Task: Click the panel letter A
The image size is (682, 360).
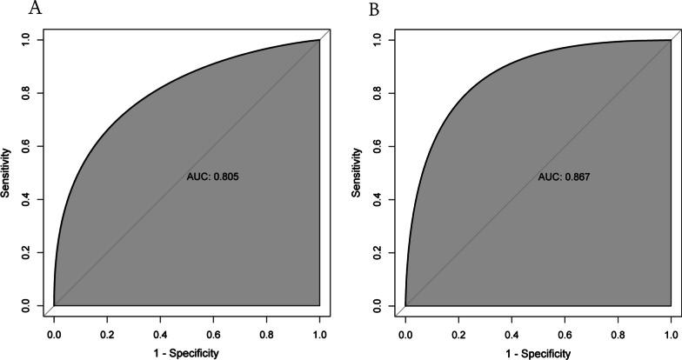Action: tap(11, 10)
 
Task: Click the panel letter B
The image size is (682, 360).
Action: tap(351, 10)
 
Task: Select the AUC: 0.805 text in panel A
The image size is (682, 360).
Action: tap(212, 177)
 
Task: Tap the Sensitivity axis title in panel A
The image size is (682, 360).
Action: tap(7, 172)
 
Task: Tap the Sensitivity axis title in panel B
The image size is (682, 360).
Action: tap(357, 172)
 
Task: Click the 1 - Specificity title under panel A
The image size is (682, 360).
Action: tap(186, 353)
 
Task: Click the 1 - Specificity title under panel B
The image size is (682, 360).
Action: tap(538, 353)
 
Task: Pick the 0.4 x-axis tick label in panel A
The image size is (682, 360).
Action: tap(160, 332)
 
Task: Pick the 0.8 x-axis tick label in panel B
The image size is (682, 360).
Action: tap(618, 332)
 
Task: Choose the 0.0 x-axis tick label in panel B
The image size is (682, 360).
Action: tap(405, 332)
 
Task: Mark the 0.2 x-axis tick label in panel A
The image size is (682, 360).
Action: tap(107, 332)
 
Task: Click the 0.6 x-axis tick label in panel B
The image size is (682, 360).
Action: tap(565, 332)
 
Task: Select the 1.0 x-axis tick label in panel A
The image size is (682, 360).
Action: tap(319, 332)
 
